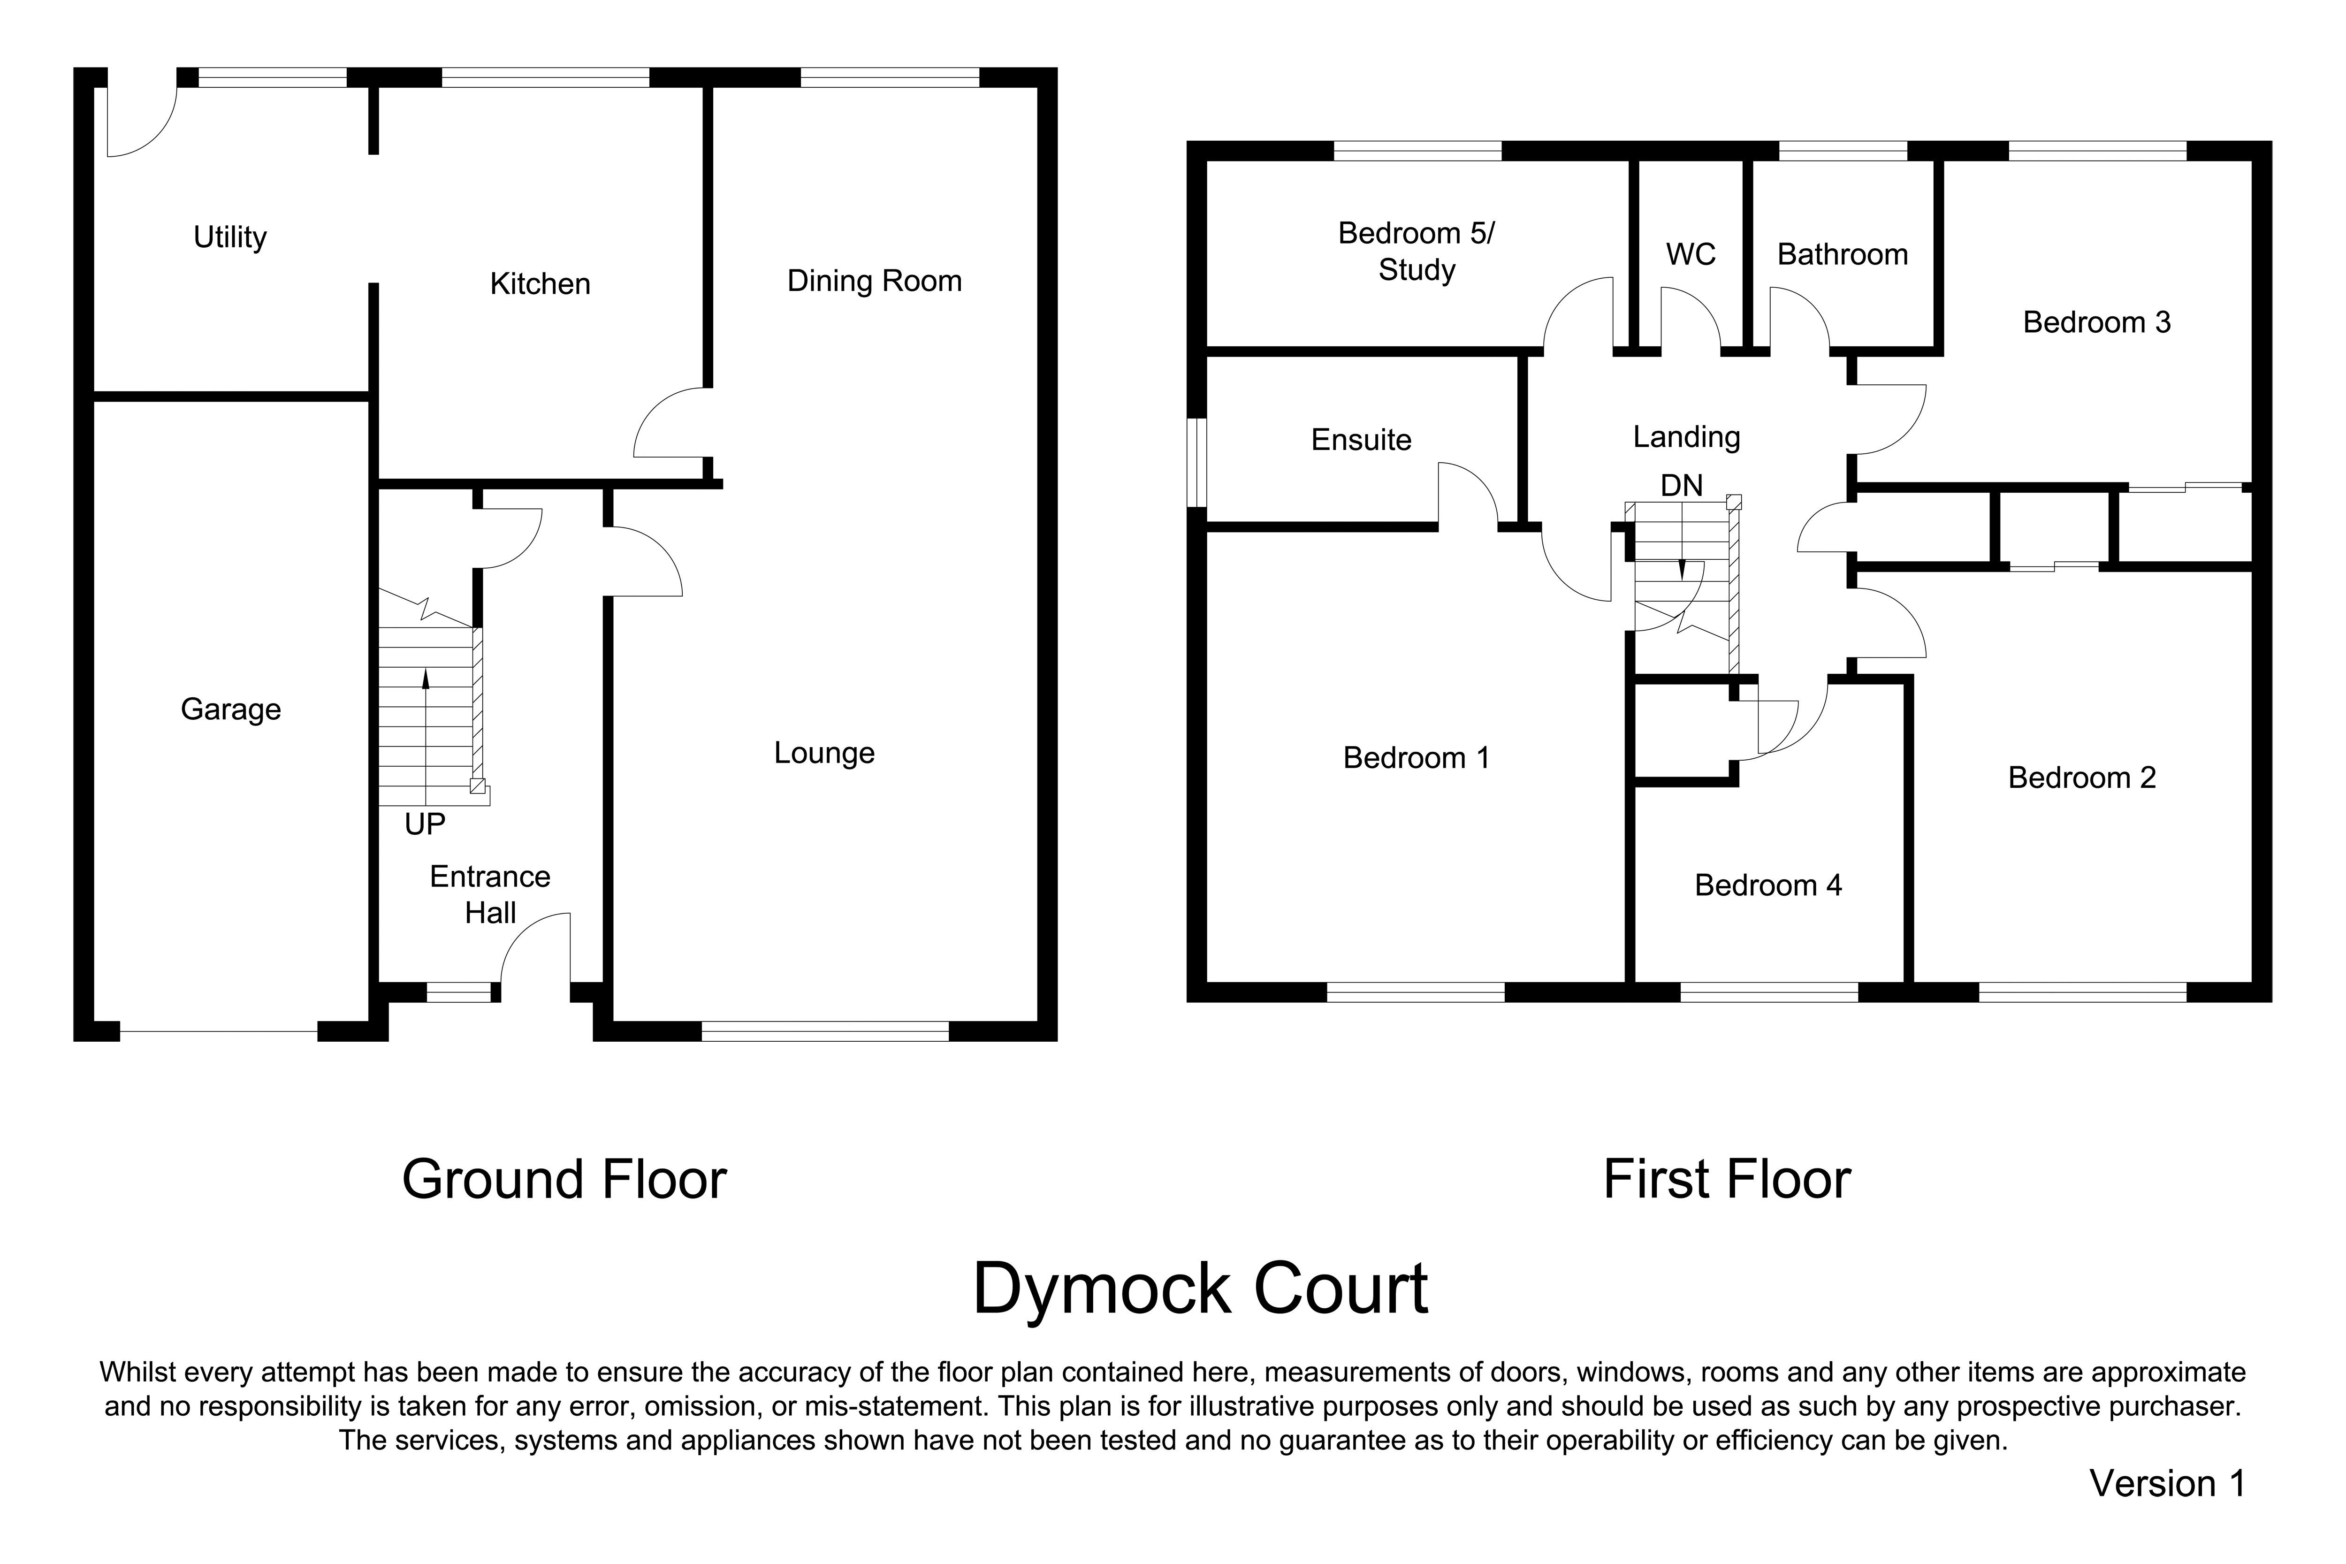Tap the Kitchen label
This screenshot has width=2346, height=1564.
click(540, 284)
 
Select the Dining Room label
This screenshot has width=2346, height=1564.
click(874, 281)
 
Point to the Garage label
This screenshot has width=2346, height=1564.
click(230, 709)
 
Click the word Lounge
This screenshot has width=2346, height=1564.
click(824, 753)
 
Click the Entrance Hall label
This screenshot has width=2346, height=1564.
click(490, 895)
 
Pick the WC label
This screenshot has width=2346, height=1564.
click(1691, 254)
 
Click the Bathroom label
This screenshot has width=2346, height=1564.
click(1842, 254)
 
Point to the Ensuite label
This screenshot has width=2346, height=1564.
click(1361, 440)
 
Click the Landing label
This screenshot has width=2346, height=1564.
click(1686, 437)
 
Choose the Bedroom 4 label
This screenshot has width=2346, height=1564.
click(1767, 886)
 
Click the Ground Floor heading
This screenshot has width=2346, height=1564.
click(564, 1180)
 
